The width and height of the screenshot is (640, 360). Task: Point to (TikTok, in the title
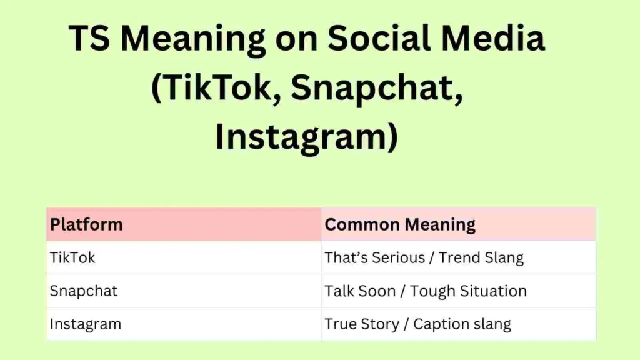[x=216, y=89]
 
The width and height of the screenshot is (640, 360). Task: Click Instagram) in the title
[x=306, y=138]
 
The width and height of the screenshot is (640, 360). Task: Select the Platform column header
[x=86, y=225]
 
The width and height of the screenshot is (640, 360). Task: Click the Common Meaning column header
[x=400, y=225]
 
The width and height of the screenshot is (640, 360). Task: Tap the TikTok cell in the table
[x=72, y=257]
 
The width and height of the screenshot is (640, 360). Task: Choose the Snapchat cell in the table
[x=84, y=291]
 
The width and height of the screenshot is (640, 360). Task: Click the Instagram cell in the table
[x=86, y=324]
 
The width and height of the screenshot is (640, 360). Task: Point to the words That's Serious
[x=372, y=257]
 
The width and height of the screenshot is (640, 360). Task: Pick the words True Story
[x=361, y=324]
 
